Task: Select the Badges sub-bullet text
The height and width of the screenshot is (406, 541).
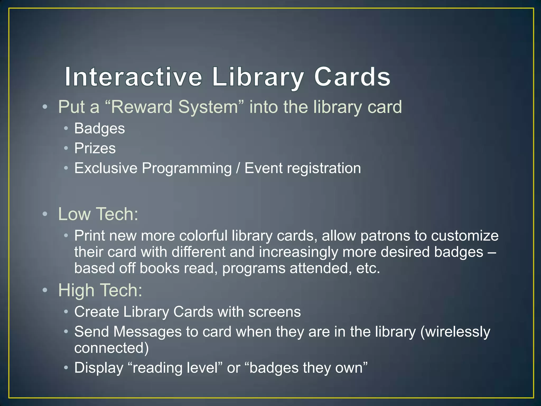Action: (99, 129)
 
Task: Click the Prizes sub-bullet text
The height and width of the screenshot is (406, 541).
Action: (95, 148)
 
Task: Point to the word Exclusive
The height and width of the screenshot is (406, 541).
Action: (106, 168)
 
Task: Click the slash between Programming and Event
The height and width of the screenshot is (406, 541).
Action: (238, 168)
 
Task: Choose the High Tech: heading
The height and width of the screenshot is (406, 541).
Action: (100, 290)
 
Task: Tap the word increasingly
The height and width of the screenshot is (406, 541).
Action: (298, 252)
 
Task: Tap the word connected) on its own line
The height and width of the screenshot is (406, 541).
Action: (111, 348)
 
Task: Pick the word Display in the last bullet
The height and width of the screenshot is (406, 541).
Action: (99, 368)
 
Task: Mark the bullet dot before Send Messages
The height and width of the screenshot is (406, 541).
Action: (66, 331)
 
